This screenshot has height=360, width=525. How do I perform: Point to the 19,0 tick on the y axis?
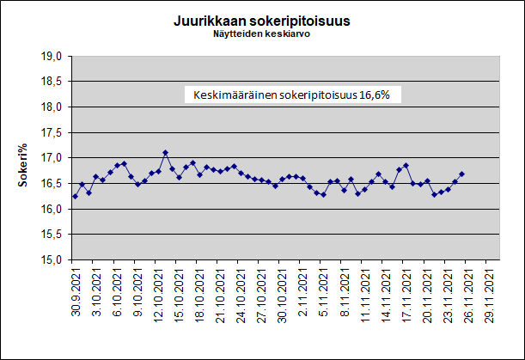(52, 56)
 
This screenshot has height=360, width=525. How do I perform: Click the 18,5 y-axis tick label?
(52, 82)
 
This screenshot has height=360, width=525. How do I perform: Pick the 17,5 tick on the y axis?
(52, 132)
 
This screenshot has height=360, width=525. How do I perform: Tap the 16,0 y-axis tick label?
(52, 209)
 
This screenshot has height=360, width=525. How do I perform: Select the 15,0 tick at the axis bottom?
(52, 259)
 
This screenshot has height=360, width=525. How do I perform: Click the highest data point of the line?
(165, 153)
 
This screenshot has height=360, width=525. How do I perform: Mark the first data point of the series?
(76, 196)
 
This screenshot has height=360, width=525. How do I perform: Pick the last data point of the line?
(461, 174)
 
